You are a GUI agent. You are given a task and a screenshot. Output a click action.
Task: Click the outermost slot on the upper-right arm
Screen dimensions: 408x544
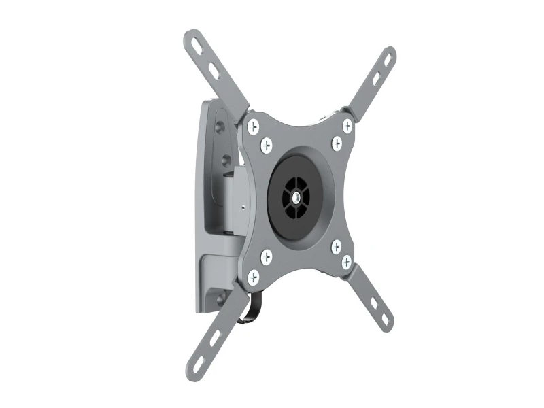coord(388,60)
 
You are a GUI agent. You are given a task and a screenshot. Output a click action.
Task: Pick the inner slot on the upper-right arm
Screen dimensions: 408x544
coord(375,79)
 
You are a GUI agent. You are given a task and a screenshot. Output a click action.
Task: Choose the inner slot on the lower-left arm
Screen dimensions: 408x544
coord(215,338)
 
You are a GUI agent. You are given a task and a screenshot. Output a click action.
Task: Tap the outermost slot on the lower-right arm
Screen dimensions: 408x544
coord(385,320)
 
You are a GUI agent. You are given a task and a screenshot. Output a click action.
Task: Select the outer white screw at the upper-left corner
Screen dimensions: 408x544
coord(253,126)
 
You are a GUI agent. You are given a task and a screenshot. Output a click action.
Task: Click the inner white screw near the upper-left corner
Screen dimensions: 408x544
coord(267,145)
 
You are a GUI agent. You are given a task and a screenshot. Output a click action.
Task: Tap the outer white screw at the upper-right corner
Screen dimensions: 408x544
coord(347,126)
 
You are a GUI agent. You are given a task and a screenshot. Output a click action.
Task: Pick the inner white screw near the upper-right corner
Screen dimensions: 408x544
coord(337,143)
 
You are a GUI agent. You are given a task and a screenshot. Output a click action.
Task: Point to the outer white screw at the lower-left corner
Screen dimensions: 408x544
coord(254,277)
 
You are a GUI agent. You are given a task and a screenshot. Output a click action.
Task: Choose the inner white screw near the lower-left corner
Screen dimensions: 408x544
coord(266,257)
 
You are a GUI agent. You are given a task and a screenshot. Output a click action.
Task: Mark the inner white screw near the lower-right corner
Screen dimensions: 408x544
coord(337,246)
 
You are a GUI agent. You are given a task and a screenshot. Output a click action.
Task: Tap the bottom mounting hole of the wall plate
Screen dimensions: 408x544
coord(221,296)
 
